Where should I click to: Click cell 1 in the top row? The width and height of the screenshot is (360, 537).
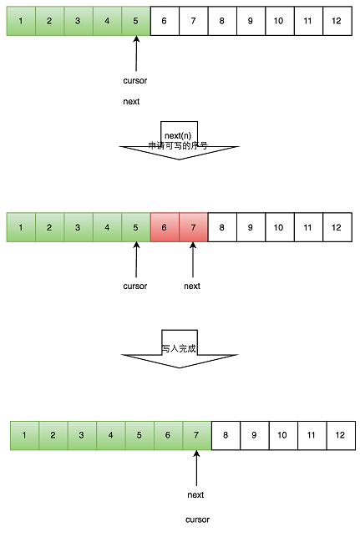20,20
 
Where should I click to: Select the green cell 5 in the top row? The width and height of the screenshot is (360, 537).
135,20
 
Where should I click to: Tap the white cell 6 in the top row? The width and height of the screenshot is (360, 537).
164,20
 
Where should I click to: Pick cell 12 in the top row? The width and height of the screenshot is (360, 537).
336,20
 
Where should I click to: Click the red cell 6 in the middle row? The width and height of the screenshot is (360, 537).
164,227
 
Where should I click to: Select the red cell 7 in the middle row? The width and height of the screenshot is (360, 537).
193,227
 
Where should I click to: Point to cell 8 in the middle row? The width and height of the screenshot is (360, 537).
221,227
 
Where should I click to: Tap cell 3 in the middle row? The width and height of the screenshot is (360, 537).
78,227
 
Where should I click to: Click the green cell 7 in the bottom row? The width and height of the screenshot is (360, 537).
196,435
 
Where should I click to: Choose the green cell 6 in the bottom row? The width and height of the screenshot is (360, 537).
168,435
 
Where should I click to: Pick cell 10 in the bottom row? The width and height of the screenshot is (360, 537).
282,435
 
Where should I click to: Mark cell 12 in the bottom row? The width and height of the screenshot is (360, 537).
339,435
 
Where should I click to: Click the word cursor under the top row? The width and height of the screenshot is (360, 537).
134,81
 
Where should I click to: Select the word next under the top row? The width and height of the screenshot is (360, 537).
131,102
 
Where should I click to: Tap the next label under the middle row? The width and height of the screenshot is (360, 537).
192,286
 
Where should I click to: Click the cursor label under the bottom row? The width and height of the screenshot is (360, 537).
198,519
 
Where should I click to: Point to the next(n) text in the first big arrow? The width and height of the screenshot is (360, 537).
179,134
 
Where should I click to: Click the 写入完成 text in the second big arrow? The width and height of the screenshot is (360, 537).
179,348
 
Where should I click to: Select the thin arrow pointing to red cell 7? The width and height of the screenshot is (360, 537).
193,259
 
